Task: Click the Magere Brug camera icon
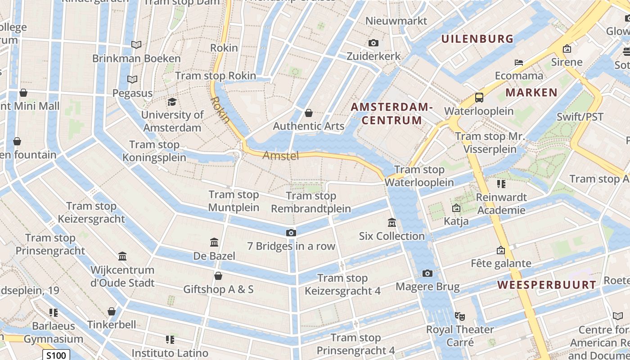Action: pos(427,274)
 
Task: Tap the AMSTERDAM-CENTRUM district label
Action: pos(391,114)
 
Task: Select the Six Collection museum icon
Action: pos(391,223)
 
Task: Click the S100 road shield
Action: pos(57,355)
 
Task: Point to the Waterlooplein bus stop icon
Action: pos(479,98)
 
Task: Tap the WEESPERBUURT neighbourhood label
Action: pos(547,285)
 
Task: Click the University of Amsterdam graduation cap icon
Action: pos(171,102)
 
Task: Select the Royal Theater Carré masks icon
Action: pos(459,316)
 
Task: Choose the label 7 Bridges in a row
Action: pos(291,246)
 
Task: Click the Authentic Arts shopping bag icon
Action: pos(309,113)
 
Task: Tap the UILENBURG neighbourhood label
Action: pos(477,39)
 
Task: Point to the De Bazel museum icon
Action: pos(214,243)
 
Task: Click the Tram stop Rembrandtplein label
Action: pos(311,202)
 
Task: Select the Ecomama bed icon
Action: pos(519,63)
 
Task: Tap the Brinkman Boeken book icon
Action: pos(136,45)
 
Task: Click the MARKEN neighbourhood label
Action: pos(531,93)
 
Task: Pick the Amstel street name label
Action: pos(281,156)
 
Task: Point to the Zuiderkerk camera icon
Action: pos(373,43)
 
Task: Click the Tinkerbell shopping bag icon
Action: pos(112,311)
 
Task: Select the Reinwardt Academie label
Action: pos(501,203)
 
